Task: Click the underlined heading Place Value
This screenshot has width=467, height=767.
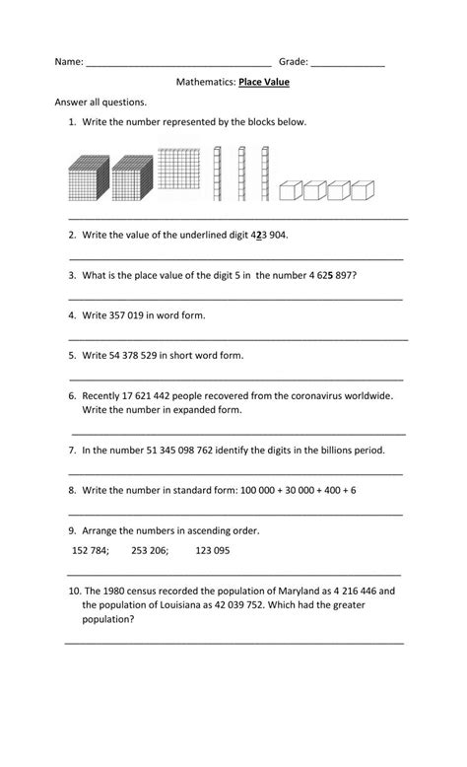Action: [264, 83]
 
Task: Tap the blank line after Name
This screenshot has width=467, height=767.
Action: [178, 64]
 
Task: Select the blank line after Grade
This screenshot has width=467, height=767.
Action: [348, 64]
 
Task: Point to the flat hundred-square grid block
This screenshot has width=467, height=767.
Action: [182, 174]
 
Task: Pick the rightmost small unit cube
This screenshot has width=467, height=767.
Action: [366, 189]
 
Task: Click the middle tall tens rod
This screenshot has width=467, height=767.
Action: [240, 174]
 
